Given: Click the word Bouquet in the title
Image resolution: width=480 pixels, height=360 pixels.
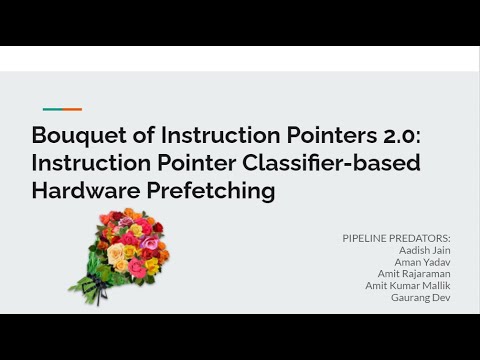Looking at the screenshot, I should click(x=72, y=135).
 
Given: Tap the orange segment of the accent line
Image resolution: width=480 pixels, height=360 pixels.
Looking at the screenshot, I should click(x=72, y=109).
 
